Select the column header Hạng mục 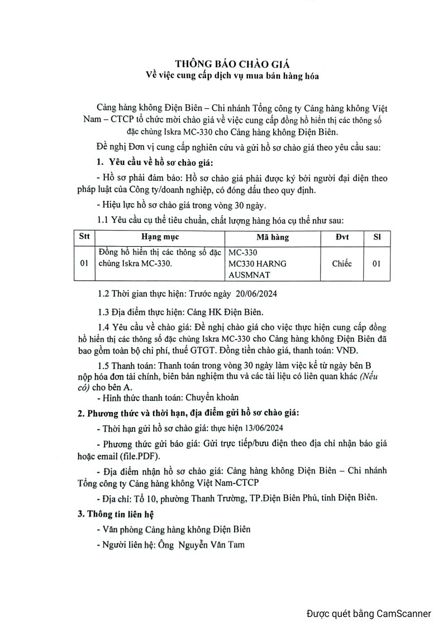[155, 237]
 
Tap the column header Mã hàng [272, 237]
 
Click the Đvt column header [342, 237]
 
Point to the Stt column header [84, 237]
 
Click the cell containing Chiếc [342, 264]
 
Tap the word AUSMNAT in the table [250, 275]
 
